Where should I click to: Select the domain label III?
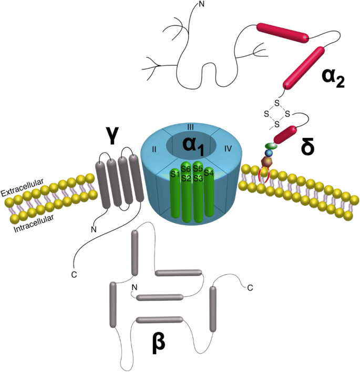[x=191, y=128]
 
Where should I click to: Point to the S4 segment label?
[x=209, y=172]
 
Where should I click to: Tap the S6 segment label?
[x=186, y=169]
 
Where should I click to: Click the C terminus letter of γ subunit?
[x=74, y=274]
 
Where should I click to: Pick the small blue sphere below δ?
[x=269, y=153]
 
